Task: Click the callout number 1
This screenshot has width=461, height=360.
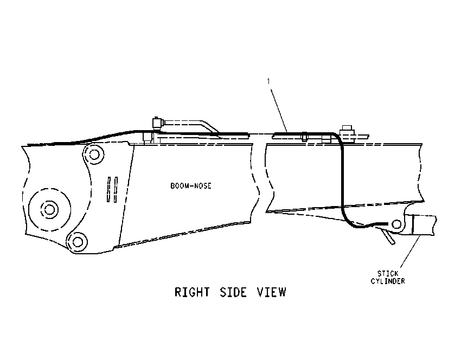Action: (x=268, y=81)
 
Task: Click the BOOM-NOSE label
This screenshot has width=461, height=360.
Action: (x=191, y=186)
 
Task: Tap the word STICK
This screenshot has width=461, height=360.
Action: (x=388, y=274)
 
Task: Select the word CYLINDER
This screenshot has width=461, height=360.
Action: (x=388, y=281)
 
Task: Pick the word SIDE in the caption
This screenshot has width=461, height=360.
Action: (x=233, y=292)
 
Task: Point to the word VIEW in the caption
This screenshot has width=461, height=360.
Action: (x=271, y=292)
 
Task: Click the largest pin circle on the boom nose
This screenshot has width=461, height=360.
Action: (x=49, y=209)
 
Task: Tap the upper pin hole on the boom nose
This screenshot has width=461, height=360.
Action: (x=94, y=155)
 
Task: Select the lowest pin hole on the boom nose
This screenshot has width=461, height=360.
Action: (x=78, y=242)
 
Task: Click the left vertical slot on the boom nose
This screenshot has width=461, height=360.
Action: (x=109, y=189)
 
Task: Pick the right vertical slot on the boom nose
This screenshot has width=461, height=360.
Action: (x=116, y=189)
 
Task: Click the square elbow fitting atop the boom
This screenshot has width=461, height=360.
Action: (x=157, y=123)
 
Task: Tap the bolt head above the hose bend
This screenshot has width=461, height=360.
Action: (x=347, y=129)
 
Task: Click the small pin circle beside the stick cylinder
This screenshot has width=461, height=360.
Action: (x=396, y=224)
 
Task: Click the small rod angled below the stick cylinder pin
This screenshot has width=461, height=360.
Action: (x=388, y=236)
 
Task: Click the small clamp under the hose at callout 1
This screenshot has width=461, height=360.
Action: (x=304, y=137)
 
